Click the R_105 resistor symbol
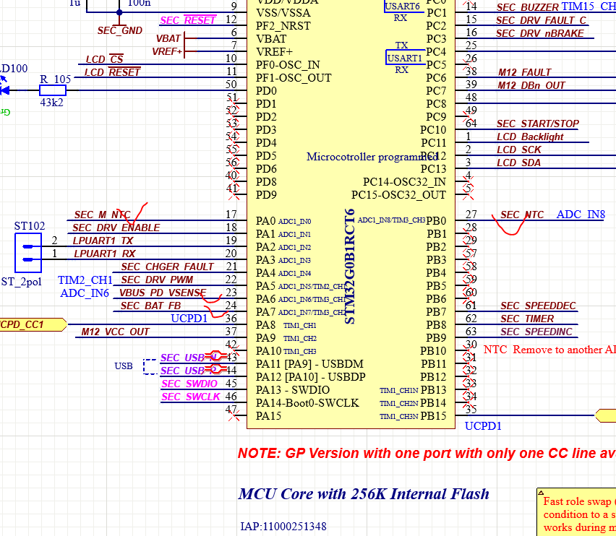(x=52, y=90)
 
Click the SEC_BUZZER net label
(x=527, y=7)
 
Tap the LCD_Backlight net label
(x=530, y=137)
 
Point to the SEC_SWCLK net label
(x=191, y=397)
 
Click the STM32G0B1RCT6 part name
(x=350, y=267)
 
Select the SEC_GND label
(x=120, y=31)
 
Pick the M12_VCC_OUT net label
(x=116, y=332)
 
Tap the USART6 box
(x=402, y=6)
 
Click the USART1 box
(x=404, y=58)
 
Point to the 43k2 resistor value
(x=51, y=103)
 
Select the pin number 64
(x=471, y=123)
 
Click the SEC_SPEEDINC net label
(x=536, y=332)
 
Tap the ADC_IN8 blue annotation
(x=581, y=215)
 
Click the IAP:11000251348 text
(x=283, y=527)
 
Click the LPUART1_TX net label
(x=103, y=241)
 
